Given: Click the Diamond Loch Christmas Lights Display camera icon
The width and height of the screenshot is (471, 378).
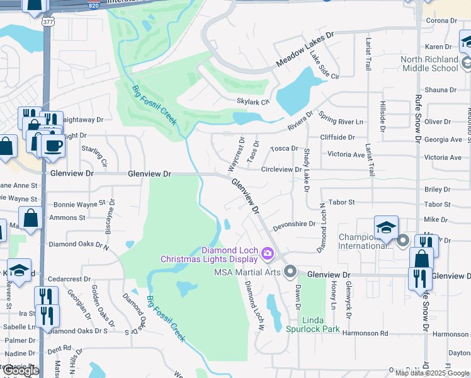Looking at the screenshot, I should [x=267, y=254].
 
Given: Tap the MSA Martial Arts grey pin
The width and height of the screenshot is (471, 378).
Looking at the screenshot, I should [x=290, y=272].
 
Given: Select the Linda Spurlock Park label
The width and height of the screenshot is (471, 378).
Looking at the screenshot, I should [x=313, y=324].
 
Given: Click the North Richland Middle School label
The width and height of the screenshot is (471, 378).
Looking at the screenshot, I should [x=429, y=64].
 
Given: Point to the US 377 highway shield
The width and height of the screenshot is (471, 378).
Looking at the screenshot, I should [x=48, y=23].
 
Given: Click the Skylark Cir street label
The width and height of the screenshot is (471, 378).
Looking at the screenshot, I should [x=253, y=101].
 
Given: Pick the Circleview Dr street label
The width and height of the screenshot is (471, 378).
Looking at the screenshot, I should [x=281, y=169].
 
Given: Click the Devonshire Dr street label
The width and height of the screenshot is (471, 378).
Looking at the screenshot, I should [x=294, y=224].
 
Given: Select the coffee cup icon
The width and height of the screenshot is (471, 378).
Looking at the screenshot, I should [x=53, y=146].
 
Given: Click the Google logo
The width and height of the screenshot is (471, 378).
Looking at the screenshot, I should [x=21, y=370].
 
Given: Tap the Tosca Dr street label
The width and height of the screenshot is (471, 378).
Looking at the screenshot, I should [x=284, y=149].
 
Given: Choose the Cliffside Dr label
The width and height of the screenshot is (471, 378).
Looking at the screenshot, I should [x=338, y=137].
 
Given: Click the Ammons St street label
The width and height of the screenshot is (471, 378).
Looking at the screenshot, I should [x=68, y=218].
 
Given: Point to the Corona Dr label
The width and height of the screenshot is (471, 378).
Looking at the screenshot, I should [x=441, y=21].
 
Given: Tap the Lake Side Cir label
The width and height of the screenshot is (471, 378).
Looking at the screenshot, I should [x=324, y=67].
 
